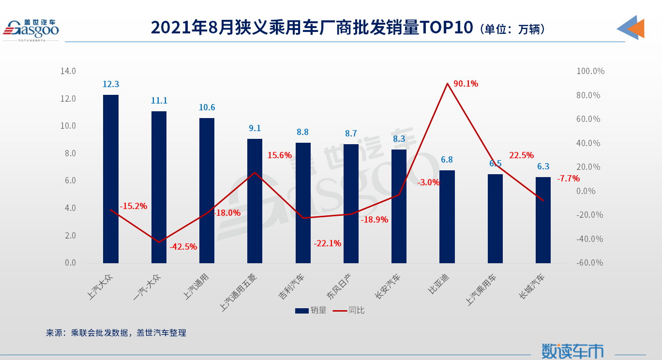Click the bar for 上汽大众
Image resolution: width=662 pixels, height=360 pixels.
(x=111, y=179)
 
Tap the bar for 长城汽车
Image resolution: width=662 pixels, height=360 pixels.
(x=543, y=220)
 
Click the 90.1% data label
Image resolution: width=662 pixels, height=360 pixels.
(x=466, y=84)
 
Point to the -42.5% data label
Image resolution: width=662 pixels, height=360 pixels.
(x=183, y=247)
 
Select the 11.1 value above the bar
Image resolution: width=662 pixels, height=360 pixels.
(x=159, y=101)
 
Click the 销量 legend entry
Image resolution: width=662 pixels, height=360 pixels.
(x=311, y=310)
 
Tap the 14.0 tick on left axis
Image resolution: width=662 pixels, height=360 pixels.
(x=68, y=71)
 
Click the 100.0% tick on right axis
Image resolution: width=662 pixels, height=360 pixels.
(x=590, y=71)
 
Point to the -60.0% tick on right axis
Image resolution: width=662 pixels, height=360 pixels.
(x=590, y=263)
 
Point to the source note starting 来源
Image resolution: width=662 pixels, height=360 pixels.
(x=116, y=333)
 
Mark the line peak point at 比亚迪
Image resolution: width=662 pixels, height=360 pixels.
(x=447, y=84)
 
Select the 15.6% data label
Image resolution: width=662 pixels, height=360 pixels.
(x=280, y=155)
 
